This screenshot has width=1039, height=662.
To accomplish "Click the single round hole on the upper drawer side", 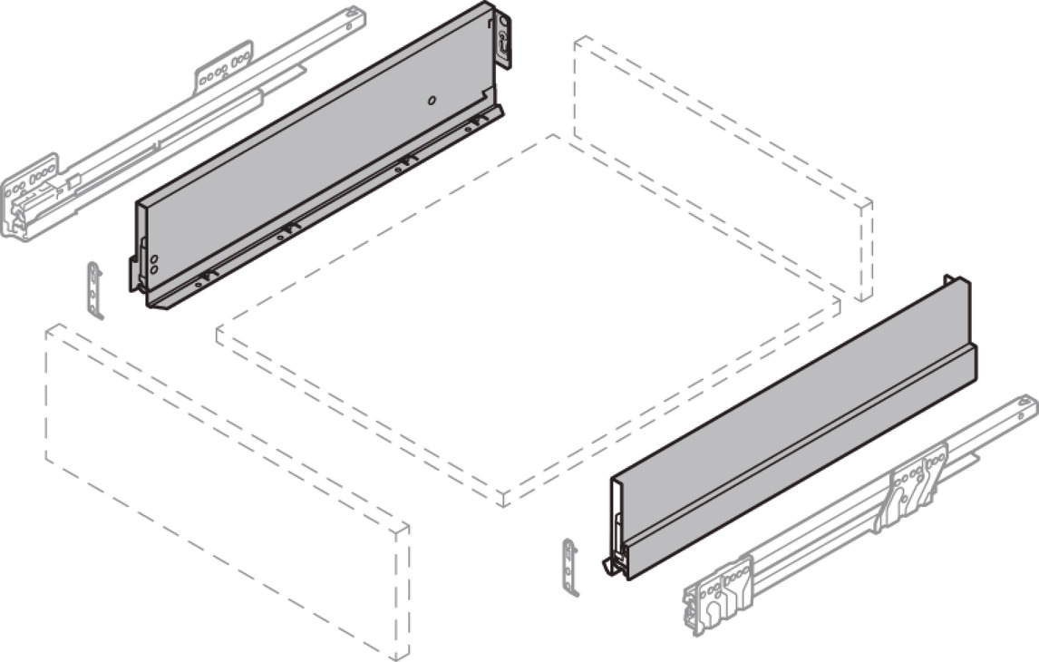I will click(x=432, y=99).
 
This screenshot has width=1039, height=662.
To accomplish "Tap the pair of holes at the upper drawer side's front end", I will click(x=153, y=264).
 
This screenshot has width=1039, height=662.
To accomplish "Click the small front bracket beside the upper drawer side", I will click(x=95, y=289).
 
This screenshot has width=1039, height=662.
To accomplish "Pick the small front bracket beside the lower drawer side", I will click(x=569, y=566).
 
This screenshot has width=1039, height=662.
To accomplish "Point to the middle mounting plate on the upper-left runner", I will click(x=223, y=72).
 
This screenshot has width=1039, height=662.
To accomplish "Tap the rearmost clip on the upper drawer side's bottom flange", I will click(x=473, y=124).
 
